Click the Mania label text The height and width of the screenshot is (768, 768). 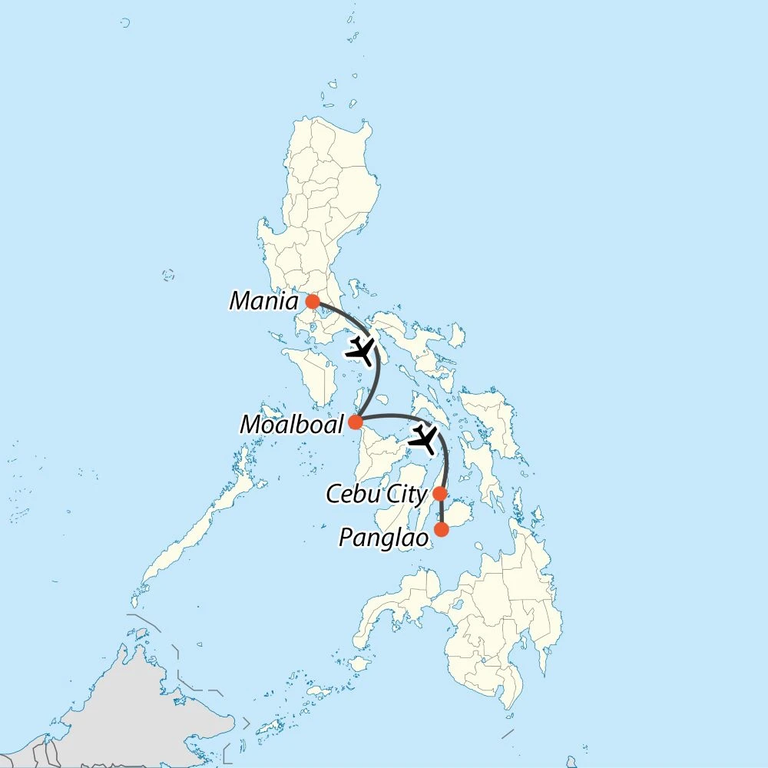coord(263,300)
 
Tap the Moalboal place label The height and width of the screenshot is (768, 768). coord(291,423)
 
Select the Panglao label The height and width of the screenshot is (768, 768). coord(383,538)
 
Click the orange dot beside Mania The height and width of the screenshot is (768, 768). coord(312,301)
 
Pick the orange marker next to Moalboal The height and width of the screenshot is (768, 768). coord(356,422)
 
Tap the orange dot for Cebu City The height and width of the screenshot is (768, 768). coord(439,493)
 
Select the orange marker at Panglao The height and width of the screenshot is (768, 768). coord(441,529)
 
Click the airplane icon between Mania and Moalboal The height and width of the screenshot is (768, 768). coord(360,350)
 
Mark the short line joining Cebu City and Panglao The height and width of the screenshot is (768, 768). coord(441,511)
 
